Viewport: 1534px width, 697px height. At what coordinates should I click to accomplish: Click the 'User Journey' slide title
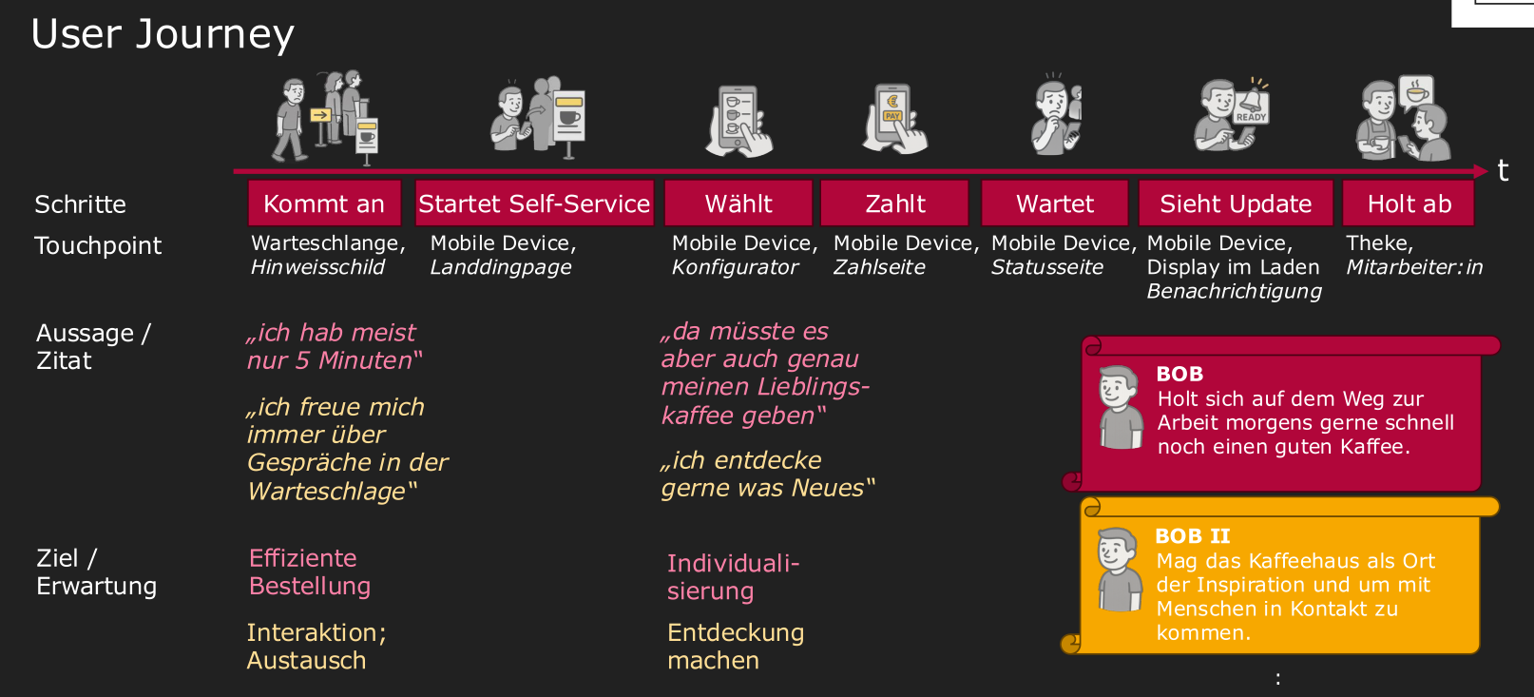(x=163, y=34)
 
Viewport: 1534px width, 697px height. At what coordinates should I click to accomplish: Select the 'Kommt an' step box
(x=325, y=203)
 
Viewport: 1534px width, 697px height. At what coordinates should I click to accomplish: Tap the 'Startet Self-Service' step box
(x=534, y=203)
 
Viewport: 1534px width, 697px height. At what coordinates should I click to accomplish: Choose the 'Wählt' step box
(x=738, y=203)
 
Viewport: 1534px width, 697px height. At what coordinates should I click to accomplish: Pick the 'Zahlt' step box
(x=894, y=203)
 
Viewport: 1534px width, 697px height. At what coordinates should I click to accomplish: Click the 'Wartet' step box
(x=1055, y=203)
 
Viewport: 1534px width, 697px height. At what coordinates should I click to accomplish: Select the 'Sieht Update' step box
(x=1236, y=203)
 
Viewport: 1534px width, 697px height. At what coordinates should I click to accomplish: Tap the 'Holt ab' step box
(x=1409, y=203)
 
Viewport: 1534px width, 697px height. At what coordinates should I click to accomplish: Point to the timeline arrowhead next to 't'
(x=1481, y=171)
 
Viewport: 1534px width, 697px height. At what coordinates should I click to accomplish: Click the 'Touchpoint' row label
(x=98, y=245)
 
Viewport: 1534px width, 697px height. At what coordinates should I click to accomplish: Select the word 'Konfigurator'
(x=735, y=267)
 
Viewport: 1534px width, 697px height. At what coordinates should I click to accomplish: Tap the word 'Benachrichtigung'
(x=1234, y=291)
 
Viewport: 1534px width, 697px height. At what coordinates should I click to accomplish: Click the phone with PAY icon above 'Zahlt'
(x=894, y=119)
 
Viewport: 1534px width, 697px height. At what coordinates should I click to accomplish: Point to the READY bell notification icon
(x=1252, y=103)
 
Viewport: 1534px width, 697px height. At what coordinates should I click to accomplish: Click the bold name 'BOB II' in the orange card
(x=1192, y=536)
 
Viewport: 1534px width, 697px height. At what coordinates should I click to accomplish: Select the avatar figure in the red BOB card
(x=1121, y=407)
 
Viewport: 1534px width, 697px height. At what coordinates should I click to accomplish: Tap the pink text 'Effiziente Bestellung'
(x=310, y=572)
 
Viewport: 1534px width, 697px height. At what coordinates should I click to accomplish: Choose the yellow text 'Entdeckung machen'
(x=736, y=647)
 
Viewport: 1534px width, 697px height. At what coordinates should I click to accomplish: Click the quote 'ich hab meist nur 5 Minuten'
(x=335, y=346)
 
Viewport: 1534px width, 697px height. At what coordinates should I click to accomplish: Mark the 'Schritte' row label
(x=80, y=204)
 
